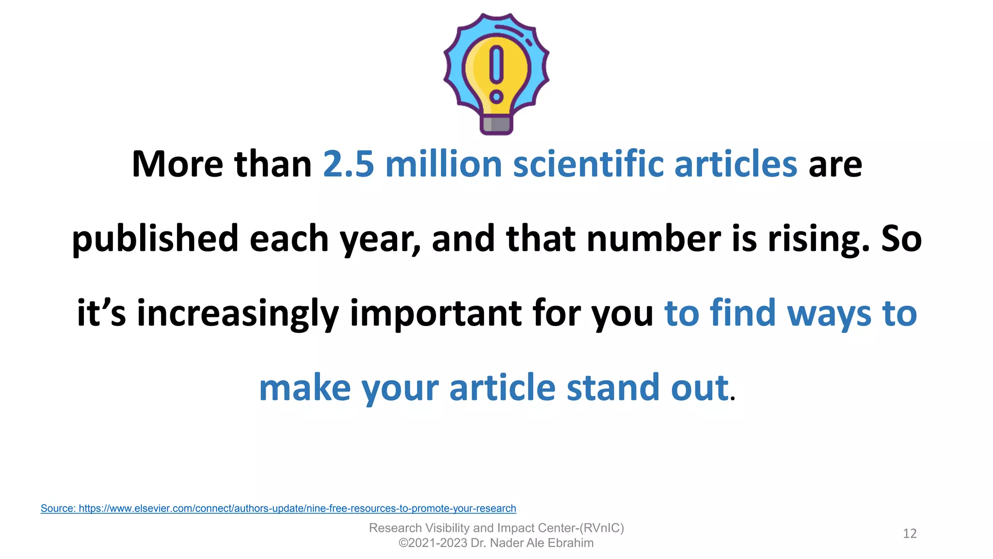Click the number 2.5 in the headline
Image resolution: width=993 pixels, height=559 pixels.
[348, 164]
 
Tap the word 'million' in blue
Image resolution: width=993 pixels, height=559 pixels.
[443, 164]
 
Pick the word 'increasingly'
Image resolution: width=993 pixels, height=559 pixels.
[238, 313]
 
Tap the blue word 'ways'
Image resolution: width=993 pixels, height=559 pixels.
[829, 313]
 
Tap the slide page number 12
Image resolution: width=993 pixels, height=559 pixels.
[910, 534]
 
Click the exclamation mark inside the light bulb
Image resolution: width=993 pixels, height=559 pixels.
[496, 73]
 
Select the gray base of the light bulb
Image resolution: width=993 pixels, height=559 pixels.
[496, 124]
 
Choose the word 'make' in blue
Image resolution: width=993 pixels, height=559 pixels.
[304, 388]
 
